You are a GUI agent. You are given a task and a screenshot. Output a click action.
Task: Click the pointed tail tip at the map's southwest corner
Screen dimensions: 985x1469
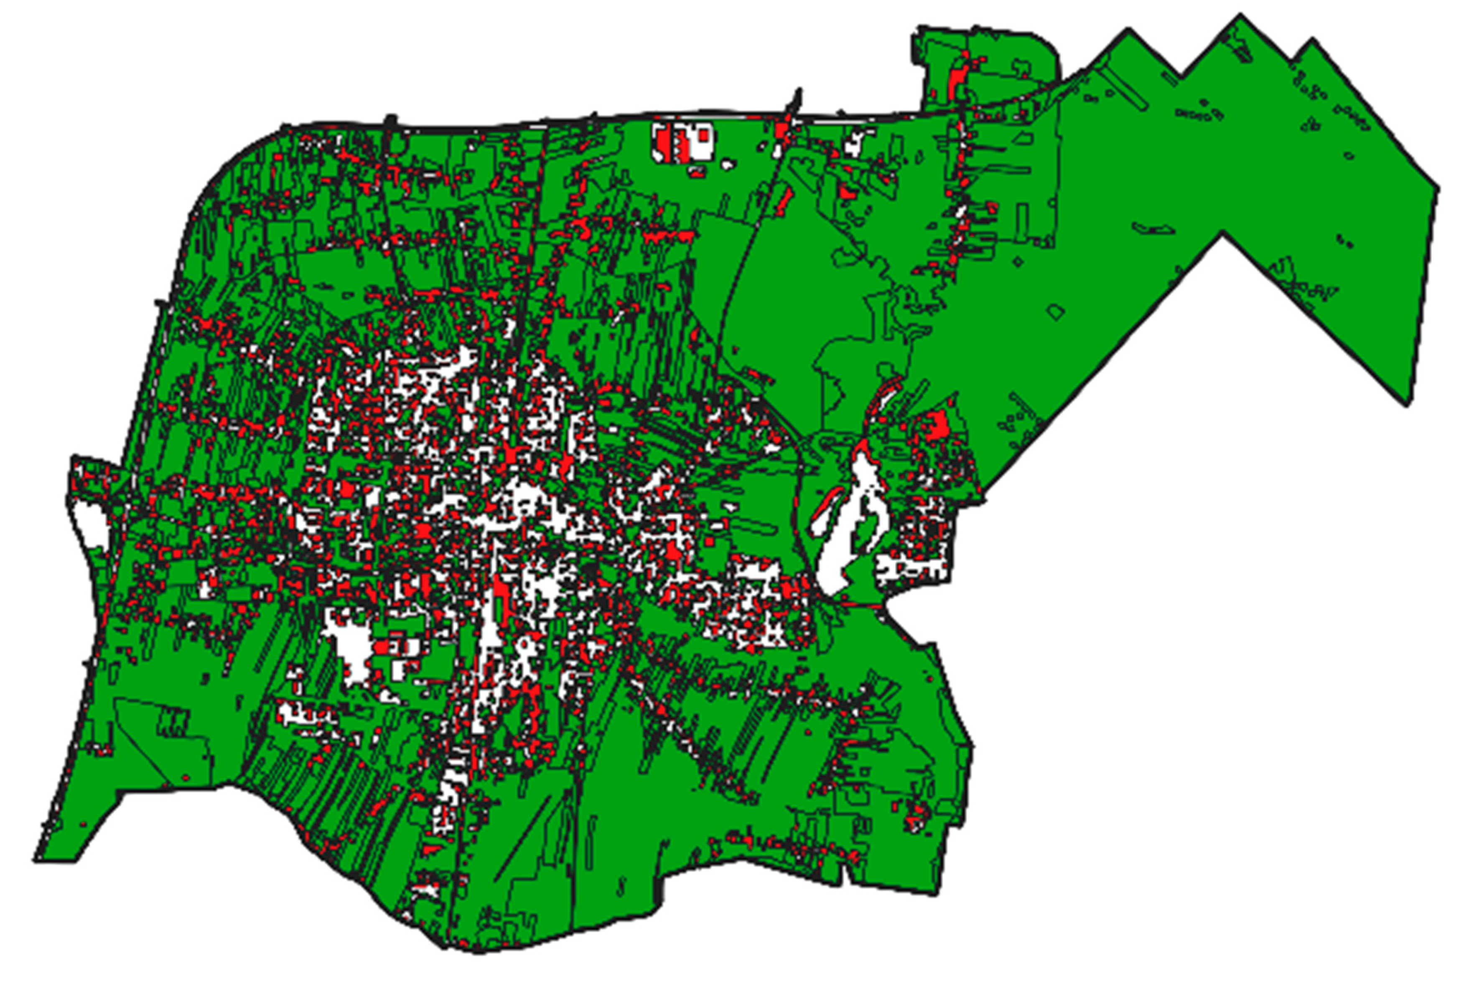click(36, 861)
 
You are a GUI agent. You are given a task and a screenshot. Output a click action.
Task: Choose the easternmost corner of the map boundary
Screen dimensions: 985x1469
click(1438, 187)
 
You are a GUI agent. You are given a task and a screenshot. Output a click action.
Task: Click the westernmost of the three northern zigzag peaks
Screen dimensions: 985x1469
click(1128, 30)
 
